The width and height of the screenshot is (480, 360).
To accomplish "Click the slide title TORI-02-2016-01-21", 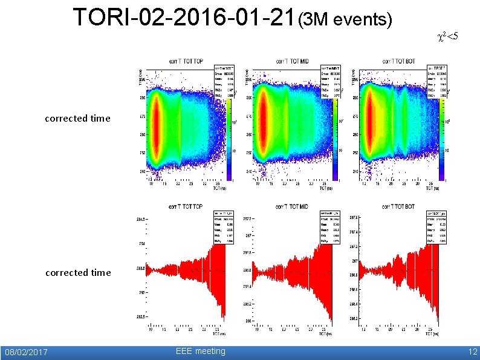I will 184,18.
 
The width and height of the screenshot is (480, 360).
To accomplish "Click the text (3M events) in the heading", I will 346,21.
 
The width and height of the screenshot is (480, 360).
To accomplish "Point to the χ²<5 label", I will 447,38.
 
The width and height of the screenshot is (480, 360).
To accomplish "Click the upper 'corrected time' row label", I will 77,119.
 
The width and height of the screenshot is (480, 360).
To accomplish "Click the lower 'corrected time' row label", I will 78,273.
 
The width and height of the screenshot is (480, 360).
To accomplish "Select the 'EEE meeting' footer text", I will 200,352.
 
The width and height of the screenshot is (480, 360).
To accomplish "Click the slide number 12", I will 472,352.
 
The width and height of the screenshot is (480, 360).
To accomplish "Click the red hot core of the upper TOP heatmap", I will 157,127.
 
